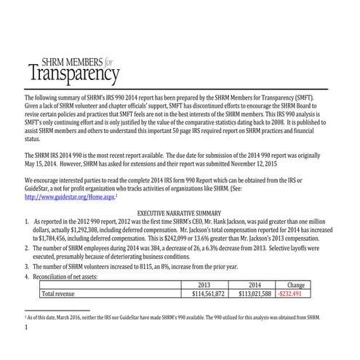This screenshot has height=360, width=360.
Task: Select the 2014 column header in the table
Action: coord(254,285)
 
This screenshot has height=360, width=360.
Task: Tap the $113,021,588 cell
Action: coord(255,295)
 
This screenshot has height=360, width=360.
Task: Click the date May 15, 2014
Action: coord(44,164)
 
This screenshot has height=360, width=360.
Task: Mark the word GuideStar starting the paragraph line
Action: coord(41,187)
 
